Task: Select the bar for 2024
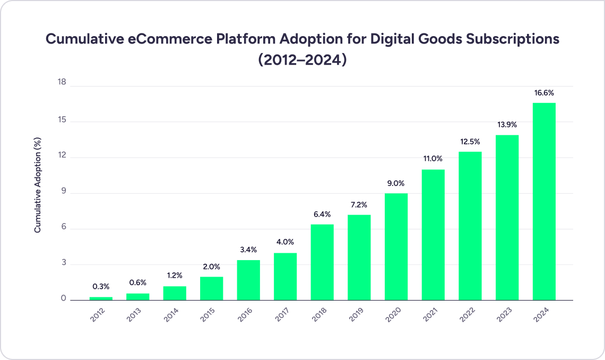click(544, 201)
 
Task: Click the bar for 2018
click(322, 262)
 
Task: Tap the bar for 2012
click(101, 298)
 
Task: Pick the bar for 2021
click(433, 235)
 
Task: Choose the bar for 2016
click(248, 280)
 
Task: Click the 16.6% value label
click(544, 93)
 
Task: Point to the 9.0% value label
click(396, 184)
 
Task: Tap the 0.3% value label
click(101, 287)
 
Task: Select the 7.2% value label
click(359, 205)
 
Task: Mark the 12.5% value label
click(470, 142)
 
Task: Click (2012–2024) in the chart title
click(302, 59)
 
